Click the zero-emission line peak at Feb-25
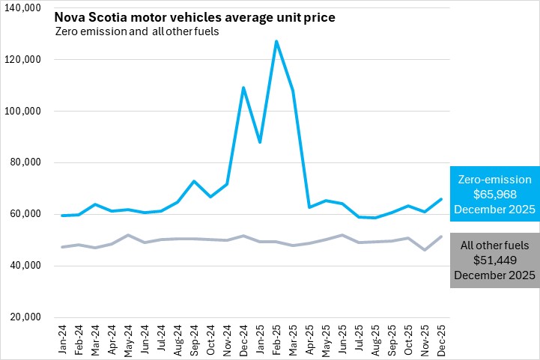pos(276,41)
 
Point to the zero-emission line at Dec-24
pos(243,88)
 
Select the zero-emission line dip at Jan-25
pos(260,141)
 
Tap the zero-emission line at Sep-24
pos(194,181)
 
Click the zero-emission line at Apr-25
pos(309,207)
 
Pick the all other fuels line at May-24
pos(129,235)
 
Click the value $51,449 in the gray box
pos(494,260)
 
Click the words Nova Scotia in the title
pos(87,16)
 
